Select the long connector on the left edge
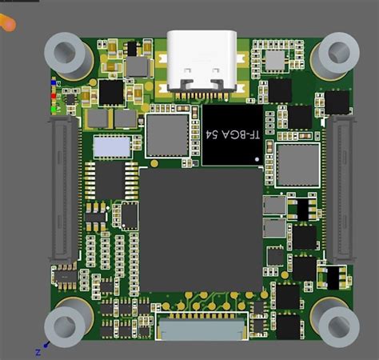click(63, 192)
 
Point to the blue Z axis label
click(38, 350)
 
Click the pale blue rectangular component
click(111, 147)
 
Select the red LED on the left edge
click(54, 90)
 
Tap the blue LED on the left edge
click(54, 82)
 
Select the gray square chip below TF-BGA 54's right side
click(297, 165)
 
